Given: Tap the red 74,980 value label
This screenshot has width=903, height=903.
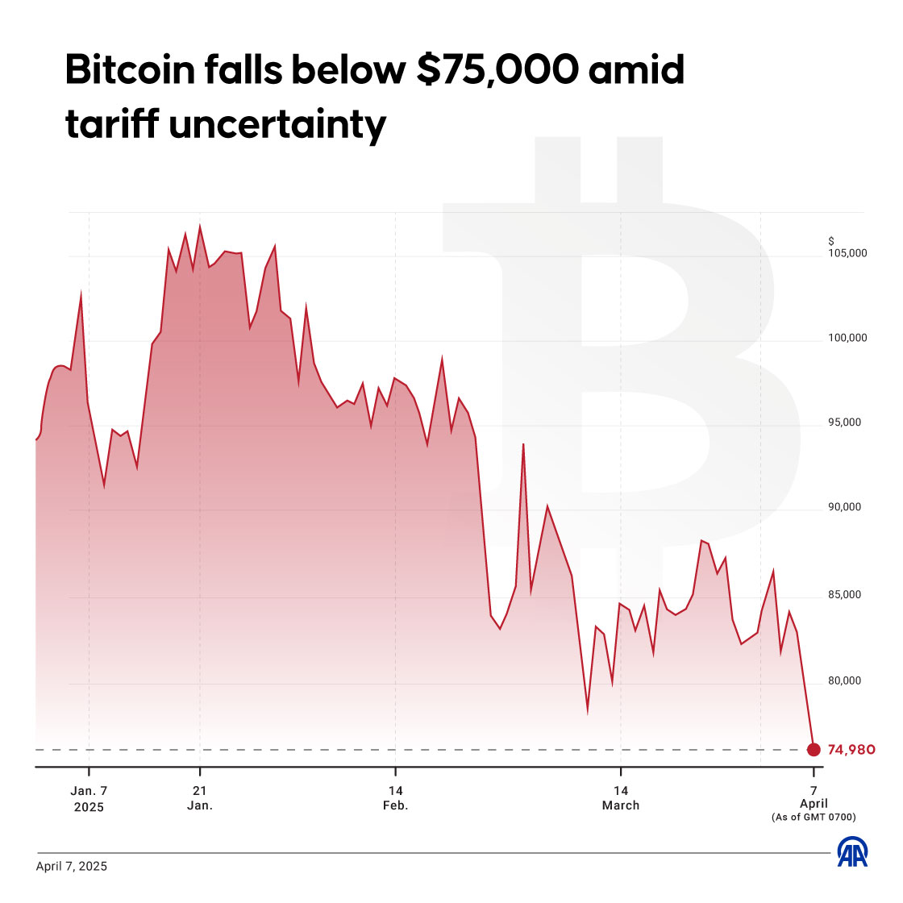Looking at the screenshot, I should (851, 750).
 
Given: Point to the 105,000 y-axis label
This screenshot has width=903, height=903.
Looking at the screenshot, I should (847, 253).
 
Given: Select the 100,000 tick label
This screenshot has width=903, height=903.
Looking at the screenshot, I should (847, 338).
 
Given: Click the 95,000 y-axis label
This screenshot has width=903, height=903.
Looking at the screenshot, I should (847, 422).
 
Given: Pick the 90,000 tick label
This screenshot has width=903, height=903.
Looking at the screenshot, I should (847, 507).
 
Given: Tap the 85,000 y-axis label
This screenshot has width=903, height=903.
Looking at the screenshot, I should (847, 595).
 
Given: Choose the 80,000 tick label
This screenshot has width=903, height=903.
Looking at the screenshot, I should (847, 681).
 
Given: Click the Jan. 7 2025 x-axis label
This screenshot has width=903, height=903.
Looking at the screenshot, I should (89, 798).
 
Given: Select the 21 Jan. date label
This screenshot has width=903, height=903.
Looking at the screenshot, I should (200, 798).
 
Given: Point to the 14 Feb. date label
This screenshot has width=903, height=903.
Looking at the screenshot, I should (395, 798).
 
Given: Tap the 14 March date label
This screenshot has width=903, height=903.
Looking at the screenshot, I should (620, 798).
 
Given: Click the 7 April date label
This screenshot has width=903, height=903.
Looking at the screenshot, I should (814, 797).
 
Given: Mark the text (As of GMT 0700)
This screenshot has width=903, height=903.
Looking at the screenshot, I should (814, 818).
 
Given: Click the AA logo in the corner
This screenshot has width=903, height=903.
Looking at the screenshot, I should (852, 853).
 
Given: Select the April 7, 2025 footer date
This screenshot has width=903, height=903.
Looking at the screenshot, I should (71, 867).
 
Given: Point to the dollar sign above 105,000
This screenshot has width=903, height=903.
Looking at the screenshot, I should (830, 241).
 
